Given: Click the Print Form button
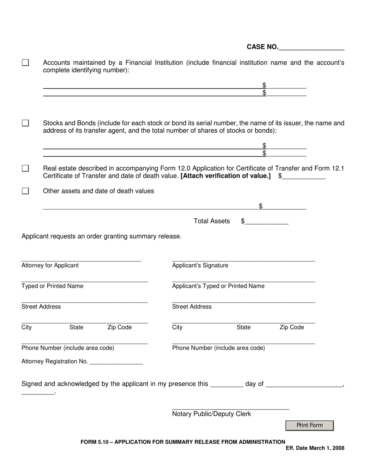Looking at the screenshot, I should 309,425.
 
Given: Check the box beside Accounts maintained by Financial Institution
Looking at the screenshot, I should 25,63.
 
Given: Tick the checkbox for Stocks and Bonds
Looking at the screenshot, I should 25,123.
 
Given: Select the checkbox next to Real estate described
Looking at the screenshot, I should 25,168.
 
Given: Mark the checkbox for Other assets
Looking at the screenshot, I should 25,191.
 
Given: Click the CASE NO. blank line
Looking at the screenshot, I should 311,48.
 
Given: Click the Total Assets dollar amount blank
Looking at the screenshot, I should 267,222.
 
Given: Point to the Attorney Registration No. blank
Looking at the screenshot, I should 116,361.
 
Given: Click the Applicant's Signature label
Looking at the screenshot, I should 200,265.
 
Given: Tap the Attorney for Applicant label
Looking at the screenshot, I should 50,265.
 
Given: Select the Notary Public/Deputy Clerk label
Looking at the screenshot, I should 212,414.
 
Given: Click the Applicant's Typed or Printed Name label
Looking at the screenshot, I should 218,286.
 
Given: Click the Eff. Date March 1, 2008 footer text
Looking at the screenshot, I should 315,448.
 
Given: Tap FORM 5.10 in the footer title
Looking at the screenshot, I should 93,442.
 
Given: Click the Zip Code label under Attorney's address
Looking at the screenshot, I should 119,327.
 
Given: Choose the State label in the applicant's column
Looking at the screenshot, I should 243,327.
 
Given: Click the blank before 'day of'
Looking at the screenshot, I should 227,384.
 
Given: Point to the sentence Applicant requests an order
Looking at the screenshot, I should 101,236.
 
